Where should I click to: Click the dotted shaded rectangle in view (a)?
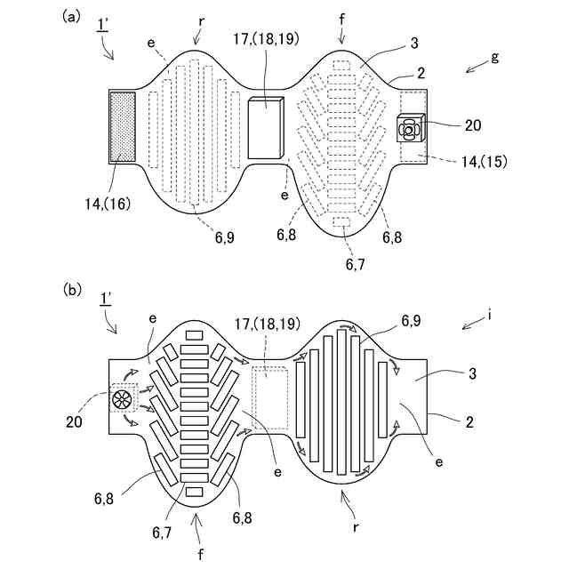[122, 126]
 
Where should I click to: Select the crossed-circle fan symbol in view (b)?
[123, 401]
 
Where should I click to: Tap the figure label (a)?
[71, 16]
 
